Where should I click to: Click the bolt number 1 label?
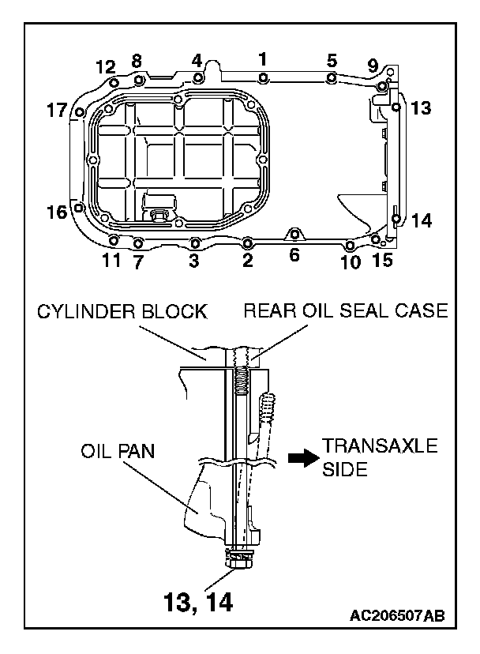[x=263, y=58]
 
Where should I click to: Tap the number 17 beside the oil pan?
[x=57, y=112]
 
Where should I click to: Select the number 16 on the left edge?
[x=57, y=212]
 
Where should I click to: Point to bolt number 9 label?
[x=373, y=66]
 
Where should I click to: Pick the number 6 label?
[x=294, y=255]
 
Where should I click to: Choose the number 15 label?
[x=382, y=260]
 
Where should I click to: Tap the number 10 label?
[x=351, y=261]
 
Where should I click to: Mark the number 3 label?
[x=193, y=261]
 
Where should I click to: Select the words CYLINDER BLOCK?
[x=122, y=311]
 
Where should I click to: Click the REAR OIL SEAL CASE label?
[x=345, y=311]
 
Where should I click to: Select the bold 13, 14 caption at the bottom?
[x=197, y=603]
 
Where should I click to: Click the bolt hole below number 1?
[x=263, y=77]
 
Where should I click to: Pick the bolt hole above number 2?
[x=247, y=241]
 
